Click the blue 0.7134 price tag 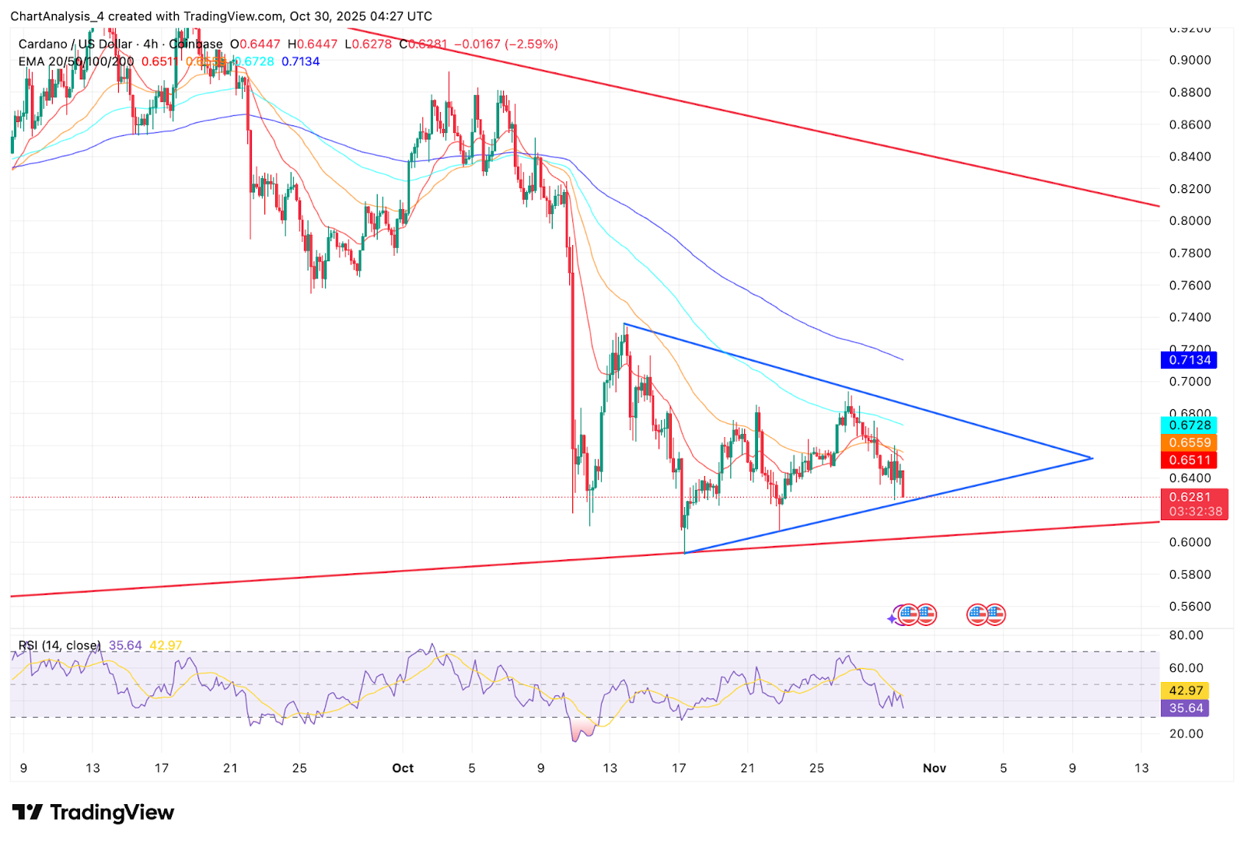(x=1189, y=360)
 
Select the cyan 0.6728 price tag (x=1189, y=425)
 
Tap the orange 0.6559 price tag (x=1189, y=442)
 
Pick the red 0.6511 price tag (x=1189, y=460)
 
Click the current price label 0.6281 (x=1190, y=497)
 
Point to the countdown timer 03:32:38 (x=1195, y=512)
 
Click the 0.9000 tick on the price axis (x=1190, y=60)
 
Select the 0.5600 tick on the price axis (x=1190, y=607)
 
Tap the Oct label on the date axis (x=403, y=768)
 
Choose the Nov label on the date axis (x=934, y=768)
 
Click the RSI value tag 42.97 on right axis (x=1186, y=691)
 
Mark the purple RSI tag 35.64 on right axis (x=1186, y=708)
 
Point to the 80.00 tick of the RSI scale (x=1186, y=635)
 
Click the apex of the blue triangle (x=1092, y=458)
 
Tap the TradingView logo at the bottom (x=93, y=813)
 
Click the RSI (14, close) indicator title (x=60, y=645)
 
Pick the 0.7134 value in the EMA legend (x=300, y=61)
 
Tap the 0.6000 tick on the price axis (x=1190, y=542)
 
